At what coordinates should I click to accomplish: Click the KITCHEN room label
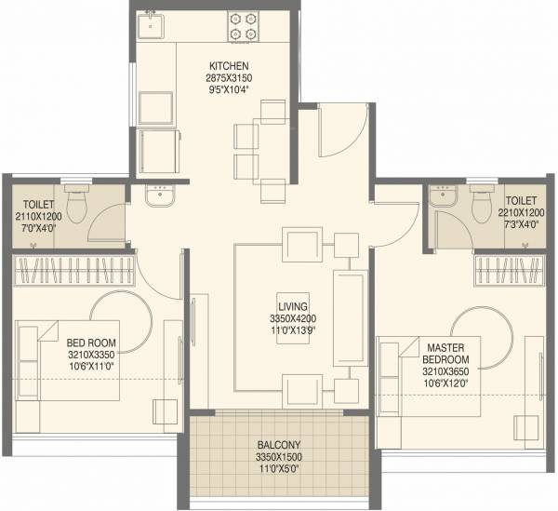pyautogui.click(x=227, y=65)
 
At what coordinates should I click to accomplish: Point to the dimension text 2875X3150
pyautogui.click(x=227, y=78)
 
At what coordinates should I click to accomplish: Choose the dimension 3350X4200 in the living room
pyautogui.click(x=293, y=317)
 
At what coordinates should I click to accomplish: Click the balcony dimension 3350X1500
pyautogui.click(x=279, y=458)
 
